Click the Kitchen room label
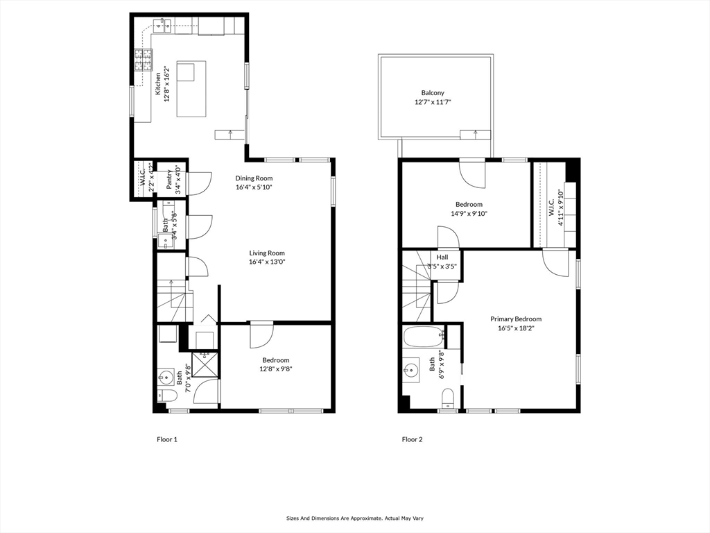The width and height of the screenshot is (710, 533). [x=158, y=84]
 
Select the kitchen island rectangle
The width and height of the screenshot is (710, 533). [x=191, y=89]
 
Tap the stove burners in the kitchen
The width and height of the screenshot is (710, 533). [x=144, y=60]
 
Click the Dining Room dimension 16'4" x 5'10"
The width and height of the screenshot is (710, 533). [x=254, y=187]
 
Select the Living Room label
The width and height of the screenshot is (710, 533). [x=267, y=253]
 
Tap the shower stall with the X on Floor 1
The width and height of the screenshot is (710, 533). [x=205, y=364]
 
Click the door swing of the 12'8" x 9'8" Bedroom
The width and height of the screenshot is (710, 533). [x=261, y=335]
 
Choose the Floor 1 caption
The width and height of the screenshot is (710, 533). [x=167, y=439]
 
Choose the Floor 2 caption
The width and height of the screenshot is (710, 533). [x=412, y=439]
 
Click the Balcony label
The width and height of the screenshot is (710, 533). [x=433, y=93]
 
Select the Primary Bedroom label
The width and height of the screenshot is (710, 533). [x=516, y=319]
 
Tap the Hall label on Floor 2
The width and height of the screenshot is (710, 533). [x=442, y=257]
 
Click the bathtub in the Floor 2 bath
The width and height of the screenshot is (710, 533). [x=423, y=338]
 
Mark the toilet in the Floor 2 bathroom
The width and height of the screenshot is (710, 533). [x=448, y=397]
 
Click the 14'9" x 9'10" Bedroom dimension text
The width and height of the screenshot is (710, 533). [x=469, y=214]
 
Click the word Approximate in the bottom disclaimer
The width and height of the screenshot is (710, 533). [x=361, y=518]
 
